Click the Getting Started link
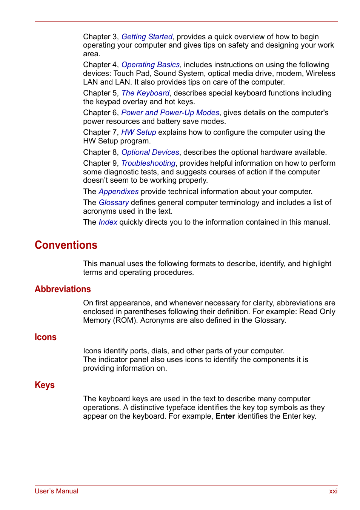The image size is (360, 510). point(147,37)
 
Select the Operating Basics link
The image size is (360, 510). point(150,65)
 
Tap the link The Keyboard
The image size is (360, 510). point(145,93)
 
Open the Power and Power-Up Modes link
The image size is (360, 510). point(170,112)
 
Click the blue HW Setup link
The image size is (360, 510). point(138,132)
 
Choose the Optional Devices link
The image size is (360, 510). point(150,152)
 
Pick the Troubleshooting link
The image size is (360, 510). point(148,163)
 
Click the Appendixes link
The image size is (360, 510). point(118,191)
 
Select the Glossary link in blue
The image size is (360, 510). point(114,202)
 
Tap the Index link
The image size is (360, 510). point(108,222)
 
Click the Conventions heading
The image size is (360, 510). point(66,245)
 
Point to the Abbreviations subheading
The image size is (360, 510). point(63,289)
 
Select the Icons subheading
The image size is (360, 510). point(45,337)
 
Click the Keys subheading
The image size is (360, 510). point(45,385)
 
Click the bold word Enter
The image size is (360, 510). point(225,416)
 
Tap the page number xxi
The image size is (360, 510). point(333,491)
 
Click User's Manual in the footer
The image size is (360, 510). point(57,491)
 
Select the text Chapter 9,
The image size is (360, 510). point(101,163)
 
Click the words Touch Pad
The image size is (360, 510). point(131,73)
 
